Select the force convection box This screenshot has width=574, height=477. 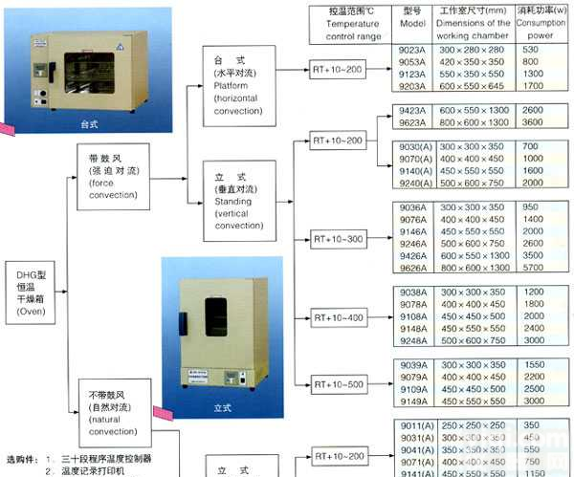[x=112, y=176]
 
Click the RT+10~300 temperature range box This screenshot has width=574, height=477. [x=339, y=238]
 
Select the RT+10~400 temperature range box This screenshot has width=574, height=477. [x=339, y=316]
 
